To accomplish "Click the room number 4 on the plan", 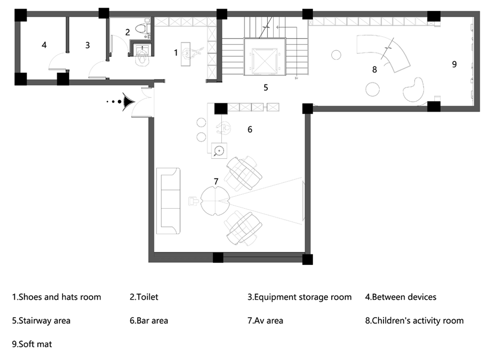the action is (x=44, y=45).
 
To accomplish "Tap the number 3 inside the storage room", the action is (x=87, y=45).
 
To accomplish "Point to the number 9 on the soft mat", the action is (x=455, y=64).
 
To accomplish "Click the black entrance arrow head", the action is (x=129, y=102).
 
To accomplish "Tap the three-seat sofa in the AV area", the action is (x=169, y=201).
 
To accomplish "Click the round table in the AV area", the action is (x=215, y=201).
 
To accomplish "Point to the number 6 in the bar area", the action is (x=250, y=129).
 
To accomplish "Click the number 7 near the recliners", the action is (x=216, y=181).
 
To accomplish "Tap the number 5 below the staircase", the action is (x=266, y=87).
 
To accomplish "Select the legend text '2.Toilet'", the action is (x=144, y=297).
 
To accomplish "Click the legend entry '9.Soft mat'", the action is (x=32, y=344).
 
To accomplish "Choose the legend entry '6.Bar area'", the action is (x=149, y=321).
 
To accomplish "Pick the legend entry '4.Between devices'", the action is (x=401, y=297).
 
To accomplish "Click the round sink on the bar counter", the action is (x=219, y=150).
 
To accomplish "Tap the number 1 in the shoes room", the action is (x=176, y=53).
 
